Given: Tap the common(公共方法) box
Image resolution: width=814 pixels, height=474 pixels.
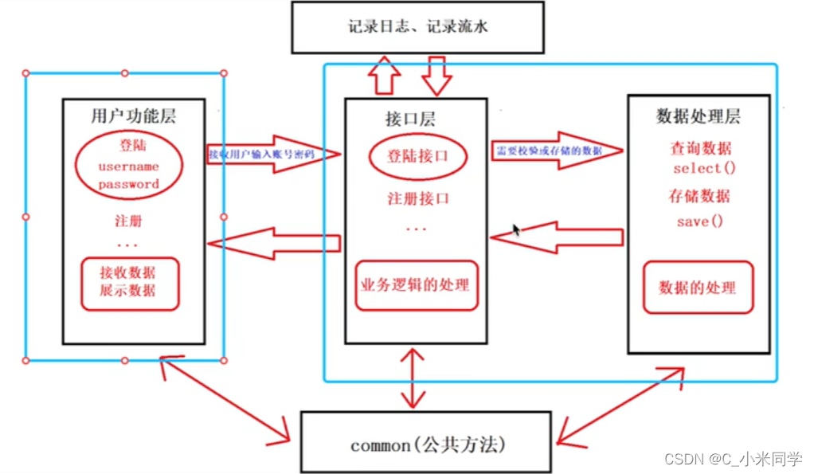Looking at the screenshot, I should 426,442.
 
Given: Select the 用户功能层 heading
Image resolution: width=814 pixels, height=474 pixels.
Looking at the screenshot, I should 133,116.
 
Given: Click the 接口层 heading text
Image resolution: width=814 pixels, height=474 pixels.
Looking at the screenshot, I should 409,119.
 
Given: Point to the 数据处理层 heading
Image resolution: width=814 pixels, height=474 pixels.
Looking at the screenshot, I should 698,116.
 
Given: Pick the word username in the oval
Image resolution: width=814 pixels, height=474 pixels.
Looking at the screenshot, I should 128,166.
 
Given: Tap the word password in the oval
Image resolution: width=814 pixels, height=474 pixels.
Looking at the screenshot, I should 128,184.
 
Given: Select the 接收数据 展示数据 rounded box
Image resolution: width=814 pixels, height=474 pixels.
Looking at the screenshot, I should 128,282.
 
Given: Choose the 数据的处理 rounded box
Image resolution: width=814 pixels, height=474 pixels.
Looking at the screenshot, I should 697,287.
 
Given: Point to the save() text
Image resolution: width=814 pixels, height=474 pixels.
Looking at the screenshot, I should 699,221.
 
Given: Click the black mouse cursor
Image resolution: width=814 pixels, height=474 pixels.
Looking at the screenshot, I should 516,230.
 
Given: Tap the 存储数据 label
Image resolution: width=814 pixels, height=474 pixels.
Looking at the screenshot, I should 699,197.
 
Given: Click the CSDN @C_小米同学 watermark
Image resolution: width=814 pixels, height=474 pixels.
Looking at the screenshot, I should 734,459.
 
